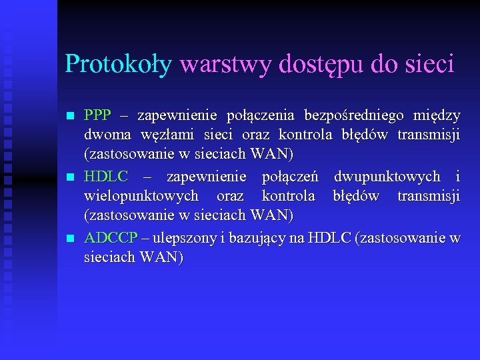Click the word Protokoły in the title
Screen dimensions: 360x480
[118, 64]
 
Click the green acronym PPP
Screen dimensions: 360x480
[97, 115]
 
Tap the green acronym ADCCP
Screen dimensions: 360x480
[111, 238]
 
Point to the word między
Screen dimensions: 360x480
[437, 116]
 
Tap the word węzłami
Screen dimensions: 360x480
[167, 135]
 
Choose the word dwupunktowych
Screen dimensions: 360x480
[387, 177]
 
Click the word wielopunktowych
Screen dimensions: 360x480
[141, 197]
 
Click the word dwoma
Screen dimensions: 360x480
[106, 135]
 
